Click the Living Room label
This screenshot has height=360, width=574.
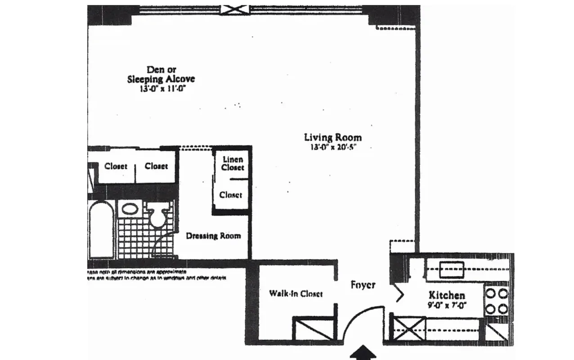click(x=332, y=137)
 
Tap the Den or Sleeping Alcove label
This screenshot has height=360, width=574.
click(x=161, y=74)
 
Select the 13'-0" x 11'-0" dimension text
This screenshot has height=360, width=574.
click(x=162, y=89)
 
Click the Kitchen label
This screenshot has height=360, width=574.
click(x=446, y=295)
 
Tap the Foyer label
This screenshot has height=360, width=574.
click(x=363, y=285)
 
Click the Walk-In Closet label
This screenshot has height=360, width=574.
click(x=296, y=293)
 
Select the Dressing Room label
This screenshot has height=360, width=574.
click(x=213, y=236)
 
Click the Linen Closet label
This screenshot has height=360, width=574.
click(x=233, y=163)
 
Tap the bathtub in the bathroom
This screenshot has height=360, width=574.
click(x=101, y=229)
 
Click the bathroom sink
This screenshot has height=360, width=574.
click(x=130, y=209)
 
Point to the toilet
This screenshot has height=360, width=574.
click(x=157, y=216)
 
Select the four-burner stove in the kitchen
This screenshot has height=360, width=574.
click(x=497, y=301)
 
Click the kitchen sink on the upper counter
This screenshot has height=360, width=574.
click(x=452, y=270)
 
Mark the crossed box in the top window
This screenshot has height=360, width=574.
click(x=234, y=10)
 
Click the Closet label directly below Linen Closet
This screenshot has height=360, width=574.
click(x=231, y=195)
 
